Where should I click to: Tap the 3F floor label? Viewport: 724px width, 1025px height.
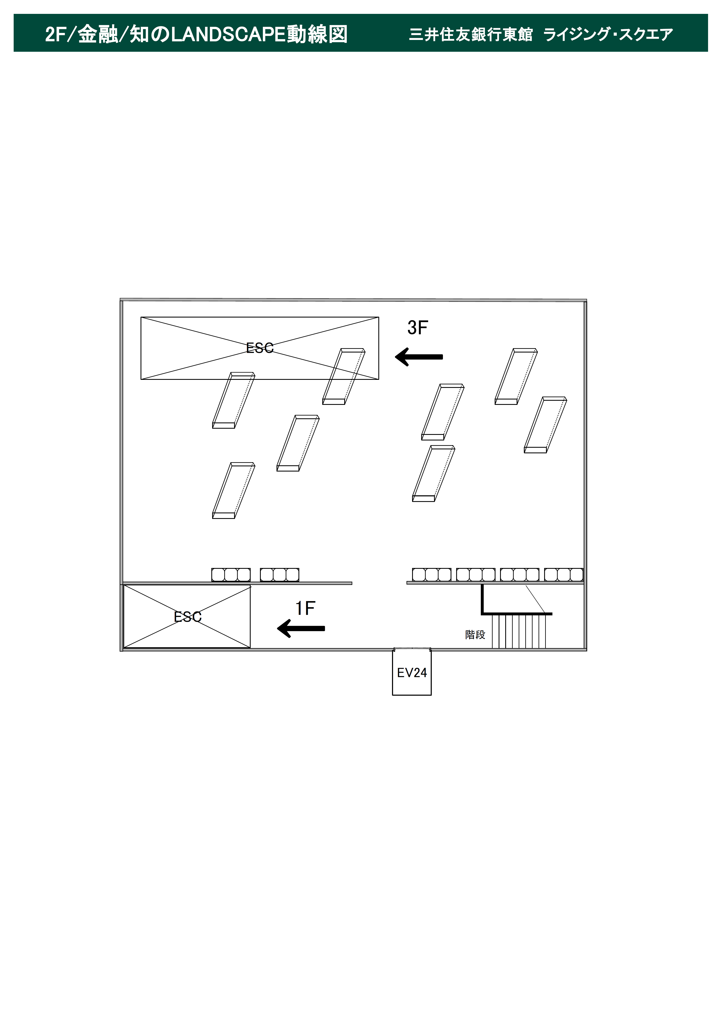click(417, 328)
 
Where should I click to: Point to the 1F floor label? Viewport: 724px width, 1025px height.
click(305, 608)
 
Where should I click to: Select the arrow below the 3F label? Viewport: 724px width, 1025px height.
click(419, 357)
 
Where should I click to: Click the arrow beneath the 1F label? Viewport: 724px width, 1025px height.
click(301, 628)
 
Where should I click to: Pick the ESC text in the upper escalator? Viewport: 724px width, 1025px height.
click(260, 348)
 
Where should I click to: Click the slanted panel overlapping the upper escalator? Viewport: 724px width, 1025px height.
click(344, 376)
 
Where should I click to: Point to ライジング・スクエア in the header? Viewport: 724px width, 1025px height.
click(608, 34)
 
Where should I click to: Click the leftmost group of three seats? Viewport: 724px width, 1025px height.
click(231, 575)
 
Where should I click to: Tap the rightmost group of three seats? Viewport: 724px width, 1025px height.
click(564, 575)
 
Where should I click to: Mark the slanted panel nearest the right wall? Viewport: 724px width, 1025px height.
click(545, 425)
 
